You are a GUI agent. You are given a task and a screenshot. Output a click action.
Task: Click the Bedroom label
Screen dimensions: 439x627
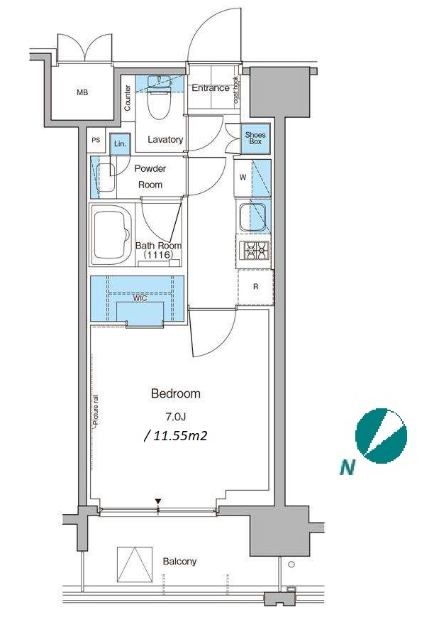pos(175,394)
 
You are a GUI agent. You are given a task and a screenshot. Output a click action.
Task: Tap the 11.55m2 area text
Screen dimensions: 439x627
pos(175,436)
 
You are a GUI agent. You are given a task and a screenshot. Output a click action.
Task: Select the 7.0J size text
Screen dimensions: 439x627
pos(176,417)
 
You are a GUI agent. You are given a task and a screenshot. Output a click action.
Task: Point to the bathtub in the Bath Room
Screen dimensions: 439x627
pos(112,234)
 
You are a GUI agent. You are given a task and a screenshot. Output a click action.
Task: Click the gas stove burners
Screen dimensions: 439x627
pos(255,251)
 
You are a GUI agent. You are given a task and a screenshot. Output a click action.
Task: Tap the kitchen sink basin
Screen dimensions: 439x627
pos(252,217)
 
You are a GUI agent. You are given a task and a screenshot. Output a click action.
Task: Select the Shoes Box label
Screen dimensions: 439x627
pos(255,138)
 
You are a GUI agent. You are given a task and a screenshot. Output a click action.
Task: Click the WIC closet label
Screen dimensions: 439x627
pos(140,298)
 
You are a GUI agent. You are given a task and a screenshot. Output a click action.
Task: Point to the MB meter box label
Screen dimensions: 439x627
pos(82,93)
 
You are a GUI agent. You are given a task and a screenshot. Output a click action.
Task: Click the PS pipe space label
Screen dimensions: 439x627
pos(96,141)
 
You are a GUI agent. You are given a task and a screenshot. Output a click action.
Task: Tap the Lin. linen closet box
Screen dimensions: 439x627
pos(120,143)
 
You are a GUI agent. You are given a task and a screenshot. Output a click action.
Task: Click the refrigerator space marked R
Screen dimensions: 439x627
pos(255,287)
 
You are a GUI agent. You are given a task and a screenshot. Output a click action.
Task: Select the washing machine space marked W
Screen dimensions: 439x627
pos(243,178)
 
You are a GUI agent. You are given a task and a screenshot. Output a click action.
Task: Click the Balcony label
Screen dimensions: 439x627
pos(179,562)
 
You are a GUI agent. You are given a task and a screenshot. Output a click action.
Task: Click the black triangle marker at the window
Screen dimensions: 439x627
pos(159,501)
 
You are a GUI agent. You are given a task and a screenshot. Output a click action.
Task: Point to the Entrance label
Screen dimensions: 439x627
pos(211,88)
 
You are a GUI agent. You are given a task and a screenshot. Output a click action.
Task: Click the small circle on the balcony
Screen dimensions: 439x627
pos(291,565)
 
